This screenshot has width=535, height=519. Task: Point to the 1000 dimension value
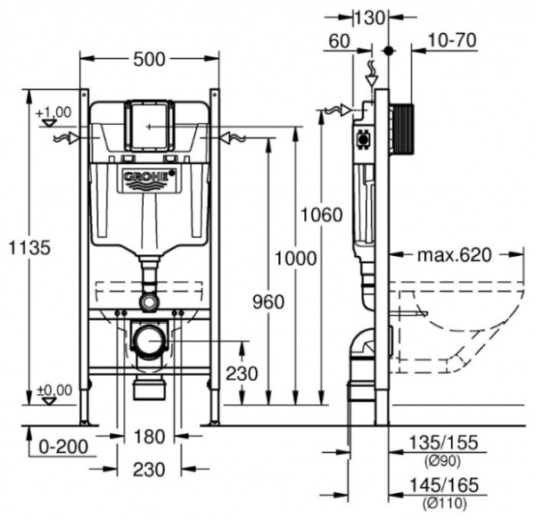pos(295,259)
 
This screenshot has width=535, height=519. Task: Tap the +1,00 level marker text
pos(53,111)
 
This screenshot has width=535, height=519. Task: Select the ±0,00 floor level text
pos(53,390)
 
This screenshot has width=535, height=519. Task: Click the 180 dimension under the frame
pos(149,436)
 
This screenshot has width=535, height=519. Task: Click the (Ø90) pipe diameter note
pos(439,460)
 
